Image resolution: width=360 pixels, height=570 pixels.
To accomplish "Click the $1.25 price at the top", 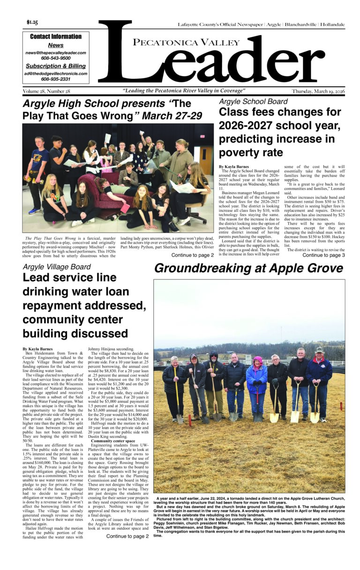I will [x=32, y=22].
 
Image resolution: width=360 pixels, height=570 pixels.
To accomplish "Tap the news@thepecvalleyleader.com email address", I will [x=56, y=53].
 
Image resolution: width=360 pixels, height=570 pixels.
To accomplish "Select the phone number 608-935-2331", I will [x=56, y=79].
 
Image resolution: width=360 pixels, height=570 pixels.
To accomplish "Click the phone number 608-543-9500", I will [x=56, y=58].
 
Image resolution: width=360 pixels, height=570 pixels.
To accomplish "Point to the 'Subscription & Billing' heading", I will [x=56, y=66].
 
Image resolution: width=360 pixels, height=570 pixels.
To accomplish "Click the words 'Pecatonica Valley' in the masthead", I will [x=180, y=43].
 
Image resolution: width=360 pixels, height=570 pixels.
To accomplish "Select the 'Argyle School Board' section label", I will [x=253, y=101].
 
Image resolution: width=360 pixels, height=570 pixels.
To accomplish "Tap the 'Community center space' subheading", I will [x=111, y=428].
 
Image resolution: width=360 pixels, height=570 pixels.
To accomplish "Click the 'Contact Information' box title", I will [x=56, y=37].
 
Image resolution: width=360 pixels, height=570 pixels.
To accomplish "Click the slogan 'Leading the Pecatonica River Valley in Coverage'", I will [x=184, y=91].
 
